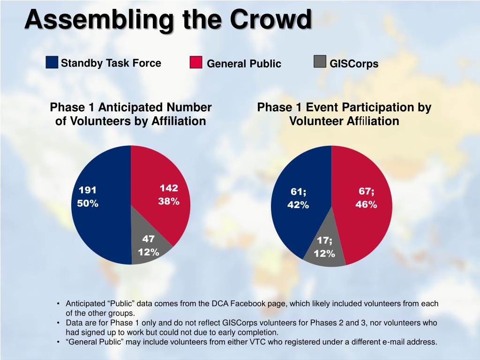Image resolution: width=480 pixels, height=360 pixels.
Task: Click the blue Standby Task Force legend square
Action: [52, 62]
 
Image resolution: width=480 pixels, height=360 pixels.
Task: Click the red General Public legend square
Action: [196, 62]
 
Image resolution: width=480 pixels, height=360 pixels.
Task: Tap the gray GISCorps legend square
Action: [320, 62]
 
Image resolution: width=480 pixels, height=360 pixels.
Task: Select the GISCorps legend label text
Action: [353, 64]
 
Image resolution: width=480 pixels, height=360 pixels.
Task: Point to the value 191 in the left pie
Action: [87, 190]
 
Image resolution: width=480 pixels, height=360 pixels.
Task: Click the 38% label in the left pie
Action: [169, 202]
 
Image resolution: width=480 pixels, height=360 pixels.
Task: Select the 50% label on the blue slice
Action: [88, 203]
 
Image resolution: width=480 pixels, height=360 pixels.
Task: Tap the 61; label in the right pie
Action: [299, 192]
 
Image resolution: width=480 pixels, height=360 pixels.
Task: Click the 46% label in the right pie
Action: [366, 204]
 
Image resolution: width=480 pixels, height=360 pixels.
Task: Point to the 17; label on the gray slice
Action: [324, 240]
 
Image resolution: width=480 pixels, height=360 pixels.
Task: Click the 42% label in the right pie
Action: [298, 205]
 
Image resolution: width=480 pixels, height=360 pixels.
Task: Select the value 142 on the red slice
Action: [169, 188]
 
